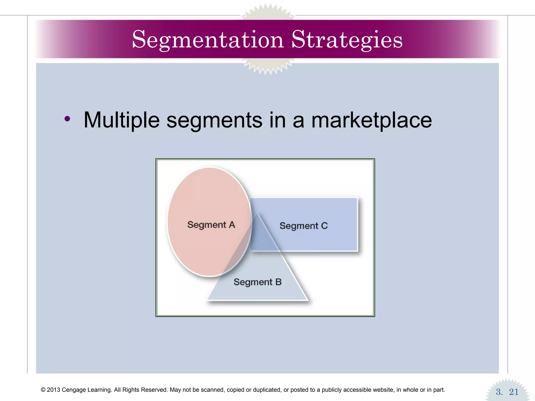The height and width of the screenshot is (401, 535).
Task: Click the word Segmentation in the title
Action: [x=208, y=40]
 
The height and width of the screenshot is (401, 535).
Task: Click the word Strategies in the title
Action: [x=347, y=40]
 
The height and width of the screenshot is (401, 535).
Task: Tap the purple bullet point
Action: [x=67, y=119]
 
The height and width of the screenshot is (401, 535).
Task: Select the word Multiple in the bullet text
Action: [x=121, y=120]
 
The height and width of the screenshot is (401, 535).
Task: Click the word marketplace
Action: [x=371, y=120]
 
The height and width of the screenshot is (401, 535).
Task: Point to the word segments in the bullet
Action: [x=214, y=121]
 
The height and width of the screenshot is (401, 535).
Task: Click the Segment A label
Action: [x=211, y=225]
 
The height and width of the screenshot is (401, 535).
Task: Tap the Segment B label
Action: [x=257, y=282]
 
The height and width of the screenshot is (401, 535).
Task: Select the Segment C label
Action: [x=303, y=226]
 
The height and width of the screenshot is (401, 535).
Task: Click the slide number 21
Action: [x=514, y=392]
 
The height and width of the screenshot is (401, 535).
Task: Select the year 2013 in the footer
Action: [x=53, y=390]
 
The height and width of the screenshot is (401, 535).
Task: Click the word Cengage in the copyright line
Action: [x=74, y=390]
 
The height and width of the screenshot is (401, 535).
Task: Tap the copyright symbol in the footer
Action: [x=43, y=390]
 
